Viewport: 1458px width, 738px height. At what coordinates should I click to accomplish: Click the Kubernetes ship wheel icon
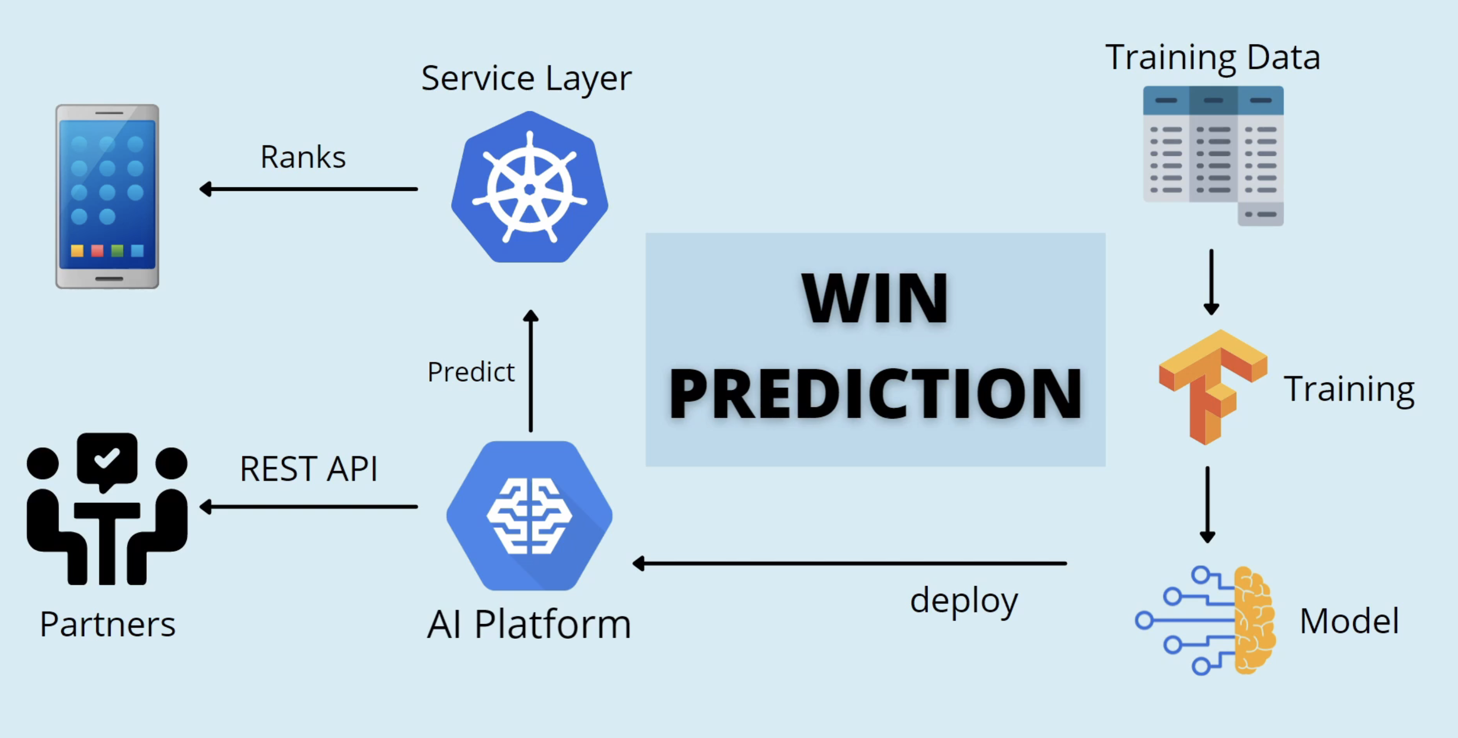pyautogui.click(x=530, y=187)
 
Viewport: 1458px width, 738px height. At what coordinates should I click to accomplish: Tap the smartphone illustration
pyautogui.click(x=107, y=196)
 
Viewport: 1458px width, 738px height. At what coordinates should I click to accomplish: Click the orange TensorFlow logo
pyautogui.click(x=1212, y=387)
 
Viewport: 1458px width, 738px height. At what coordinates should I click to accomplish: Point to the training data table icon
pyautogui.click(x=1213, y=155)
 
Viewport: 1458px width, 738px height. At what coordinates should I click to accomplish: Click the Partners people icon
pyautogui.click(x=107, y=509)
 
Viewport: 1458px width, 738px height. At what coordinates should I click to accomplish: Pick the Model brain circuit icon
pyautogui.click(x=1205, y=620)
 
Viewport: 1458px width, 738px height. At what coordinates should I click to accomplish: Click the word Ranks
pyautogui.click(x=303, y=157)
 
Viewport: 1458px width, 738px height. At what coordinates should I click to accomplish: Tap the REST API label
pyautogui.click(x=308, y=469)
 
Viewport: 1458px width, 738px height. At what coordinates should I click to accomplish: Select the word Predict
pyautogui.click(x=471, y=372)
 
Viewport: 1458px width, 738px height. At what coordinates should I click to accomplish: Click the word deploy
pyautogui.click(x=964, y=601)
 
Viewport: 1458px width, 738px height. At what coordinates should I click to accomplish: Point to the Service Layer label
pyautogui.click(x=526, y=78)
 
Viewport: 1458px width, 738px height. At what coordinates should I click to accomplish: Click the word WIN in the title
pyautogui.click(x=875, y=298)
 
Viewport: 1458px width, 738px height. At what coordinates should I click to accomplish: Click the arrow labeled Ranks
pyautogui.click(x=308, y=189)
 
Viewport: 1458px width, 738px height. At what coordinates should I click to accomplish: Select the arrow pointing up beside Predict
pyautogui.click(x=531, y=371)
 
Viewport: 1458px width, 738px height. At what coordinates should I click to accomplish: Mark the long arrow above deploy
pyautogui.click(x=849, y=564)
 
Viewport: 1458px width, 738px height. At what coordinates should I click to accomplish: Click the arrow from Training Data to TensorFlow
pyautogui.click(x=1211, y=282)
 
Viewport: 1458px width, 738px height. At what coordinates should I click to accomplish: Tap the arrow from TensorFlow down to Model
pyautogui.click(x=1207, y=504)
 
